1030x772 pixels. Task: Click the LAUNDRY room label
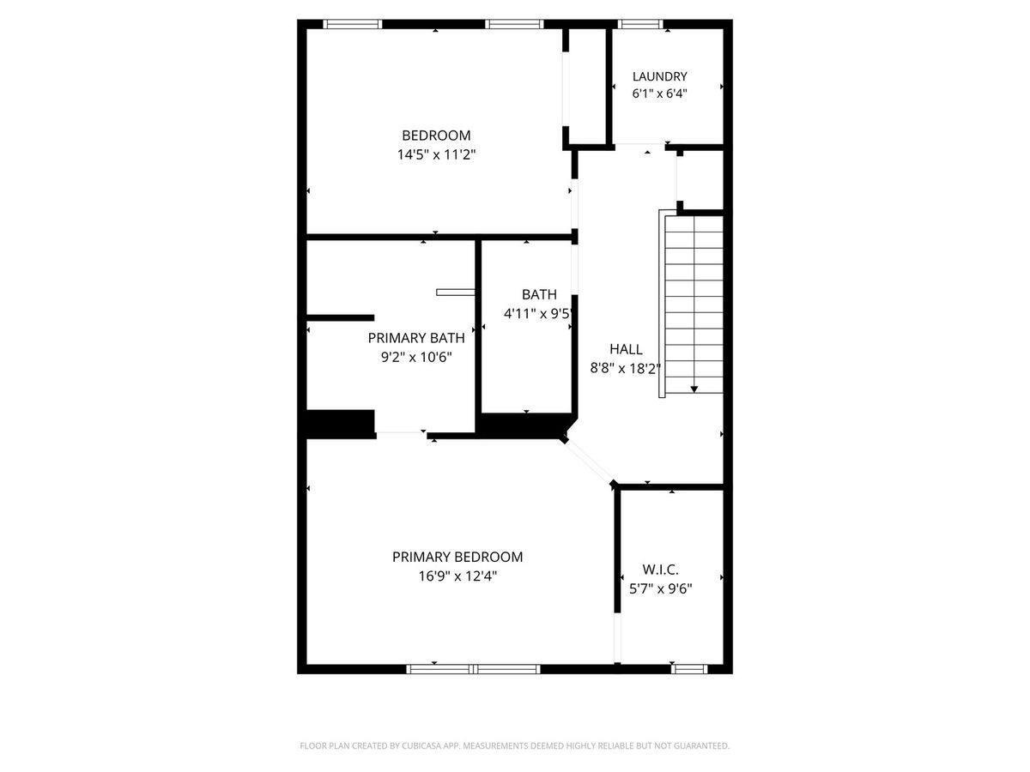coord(659,76)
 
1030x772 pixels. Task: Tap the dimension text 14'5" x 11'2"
coord(436,154)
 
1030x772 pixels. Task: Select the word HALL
coord(626,349)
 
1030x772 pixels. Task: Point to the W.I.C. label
coord(660,570)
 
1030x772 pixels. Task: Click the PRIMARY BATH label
coord(416,338)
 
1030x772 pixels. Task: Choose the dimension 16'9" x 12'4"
coord(457,576)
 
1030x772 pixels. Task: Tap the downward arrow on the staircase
coord(694,389)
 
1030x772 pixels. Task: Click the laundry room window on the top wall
coord(640,24)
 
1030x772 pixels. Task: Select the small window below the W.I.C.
coord(689,669)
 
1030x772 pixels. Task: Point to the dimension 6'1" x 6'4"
coord(659,93)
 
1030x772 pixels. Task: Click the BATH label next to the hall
coord(539,294)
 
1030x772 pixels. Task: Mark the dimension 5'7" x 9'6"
coord(660,588)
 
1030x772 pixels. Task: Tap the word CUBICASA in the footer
coord(421,745)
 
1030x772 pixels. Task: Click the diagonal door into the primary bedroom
coord(589,461)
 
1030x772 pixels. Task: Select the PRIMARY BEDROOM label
coord(457,557)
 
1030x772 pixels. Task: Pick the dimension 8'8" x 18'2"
coord(625,369)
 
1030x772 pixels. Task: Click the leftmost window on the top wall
coord(353,24)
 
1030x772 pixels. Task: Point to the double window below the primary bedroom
coord(473,669)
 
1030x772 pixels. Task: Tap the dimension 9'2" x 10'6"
coord(416,357)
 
